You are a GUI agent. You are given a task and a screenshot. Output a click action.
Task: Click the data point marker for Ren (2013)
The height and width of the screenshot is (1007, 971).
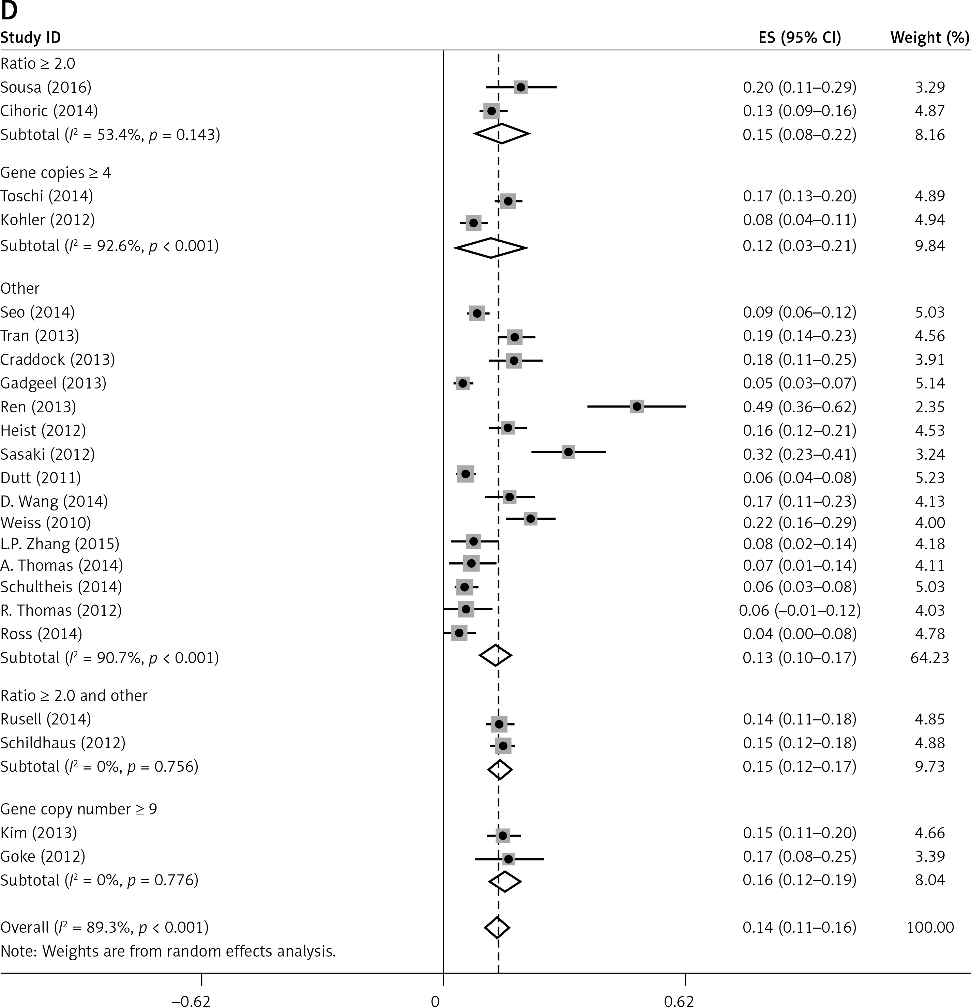coord(637,407)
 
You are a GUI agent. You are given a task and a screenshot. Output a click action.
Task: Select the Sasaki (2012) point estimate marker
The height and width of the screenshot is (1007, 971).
coord(568,452)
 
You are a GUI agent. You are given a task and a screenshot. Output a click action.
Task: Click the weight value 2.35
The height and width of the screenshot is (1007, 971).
coord(929,407)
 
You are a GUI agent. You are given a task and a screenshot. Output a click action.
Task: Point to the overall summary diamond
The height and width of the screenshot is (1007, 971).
coord(497,927)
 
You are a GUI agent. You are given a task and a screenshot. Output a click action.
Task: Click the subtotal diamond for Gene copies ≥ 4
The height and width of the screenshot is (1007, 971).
coord(491,248)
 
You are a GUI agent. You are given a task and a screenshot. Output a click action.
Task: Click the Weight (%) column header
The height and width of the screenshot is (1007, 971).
coord(929,37)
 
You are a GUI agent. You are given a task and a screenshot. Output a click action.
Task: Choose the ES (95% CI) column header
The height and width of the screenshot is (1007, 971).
coord(800,37)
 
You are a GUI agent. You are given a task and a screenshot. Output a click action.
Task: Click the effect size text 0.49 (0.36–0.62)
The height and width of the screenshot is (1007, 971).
coord(800,407)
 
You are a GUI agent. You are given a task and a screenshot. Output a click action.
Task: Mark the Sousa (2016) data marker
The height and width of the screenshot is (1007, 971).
coord(520,87)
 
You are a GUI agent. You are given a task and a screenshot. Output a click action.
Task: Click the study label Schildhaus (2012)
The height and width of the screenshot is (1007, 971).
coord(63,743)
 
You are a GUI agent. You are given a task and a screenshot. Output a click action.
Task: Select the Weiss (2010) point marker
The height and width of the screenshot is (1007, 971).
coord(530,519)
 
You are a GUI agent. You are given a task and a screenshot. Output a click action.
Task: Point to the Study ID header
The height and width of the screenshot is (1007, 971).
coord(31,37)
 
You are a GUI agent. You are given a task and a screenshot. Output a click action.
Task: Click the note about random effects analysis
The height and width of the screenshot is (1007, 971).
coord(168,951)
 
